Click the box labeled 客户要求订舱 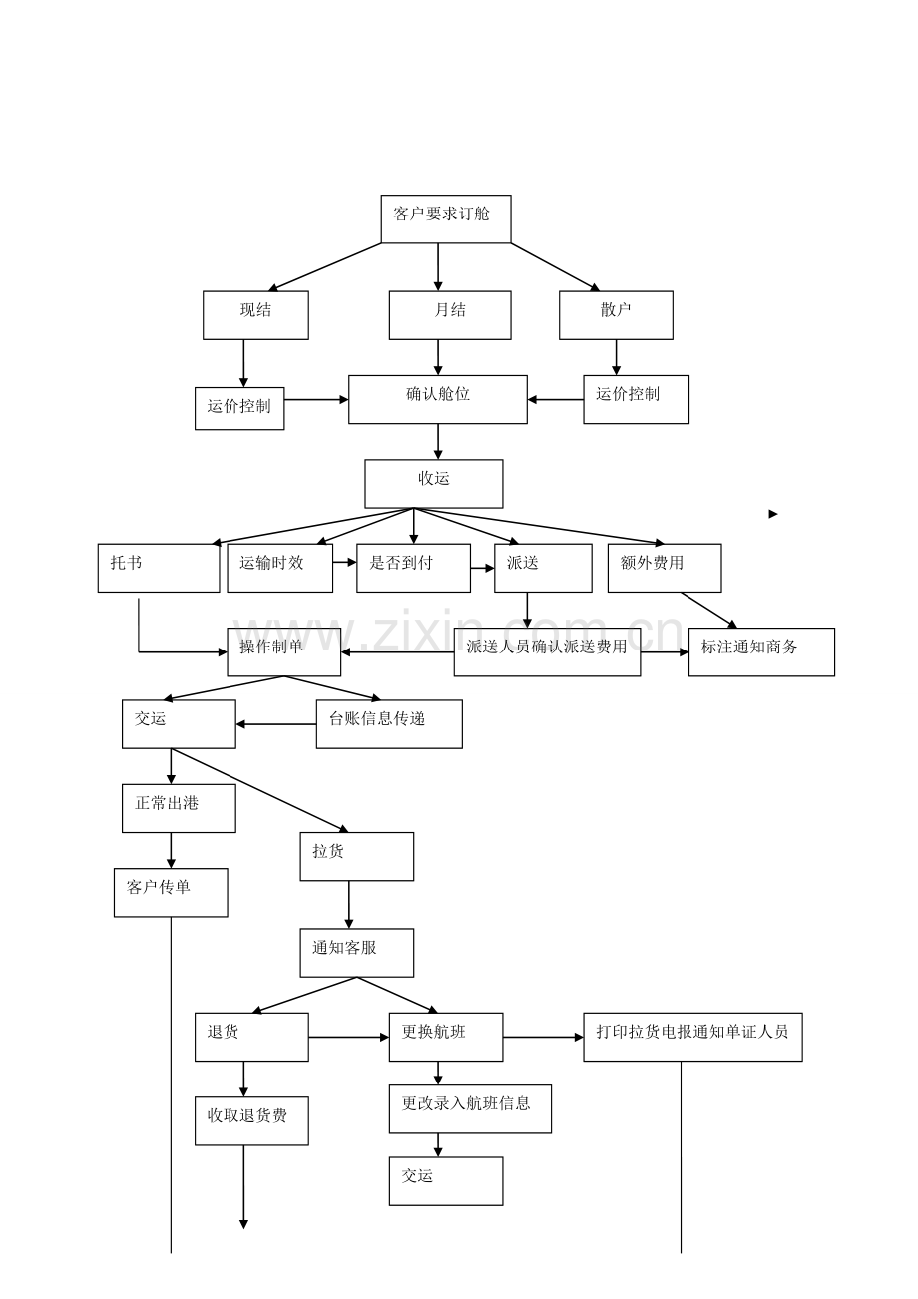[446, 218]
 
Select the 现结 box [255, 315]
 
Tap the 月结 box [449, 315]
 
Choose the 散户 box [616, 315]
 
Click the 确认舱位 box [437, 399]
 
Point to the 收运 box [433, 483]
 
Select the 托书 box [158, 568]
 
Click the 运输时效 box [279, 568]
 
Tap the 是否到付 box [413, 568]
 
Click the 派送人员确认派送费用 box [547, 651]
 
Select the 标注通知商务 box [760, 651]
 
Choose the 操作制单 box [283, 651]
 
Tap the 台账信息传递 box [389, 723]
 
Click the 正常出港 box [179, 808]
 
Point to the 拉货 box [356, 856]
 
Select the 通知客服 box [356, 953]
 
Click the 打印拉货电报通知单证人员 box [692, 1037]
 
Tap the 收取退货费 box [250, 1120]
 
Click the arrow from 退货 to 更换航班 [348, 1037]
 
